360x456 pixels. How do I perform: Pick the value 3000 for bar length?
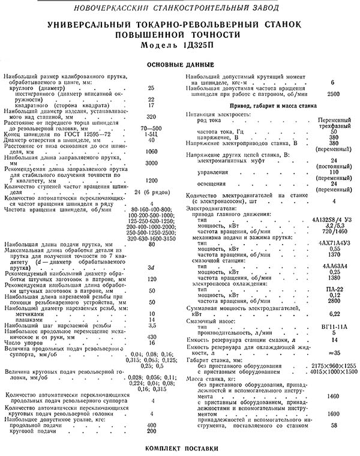pyautogui.click(x=151, y=163)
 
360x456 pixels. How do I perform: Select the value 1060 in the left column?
pyautogui.click(x=151, y=151)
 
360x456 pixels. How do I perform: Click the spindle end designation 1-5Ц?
pyautogui.click(x=151, y=134)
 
